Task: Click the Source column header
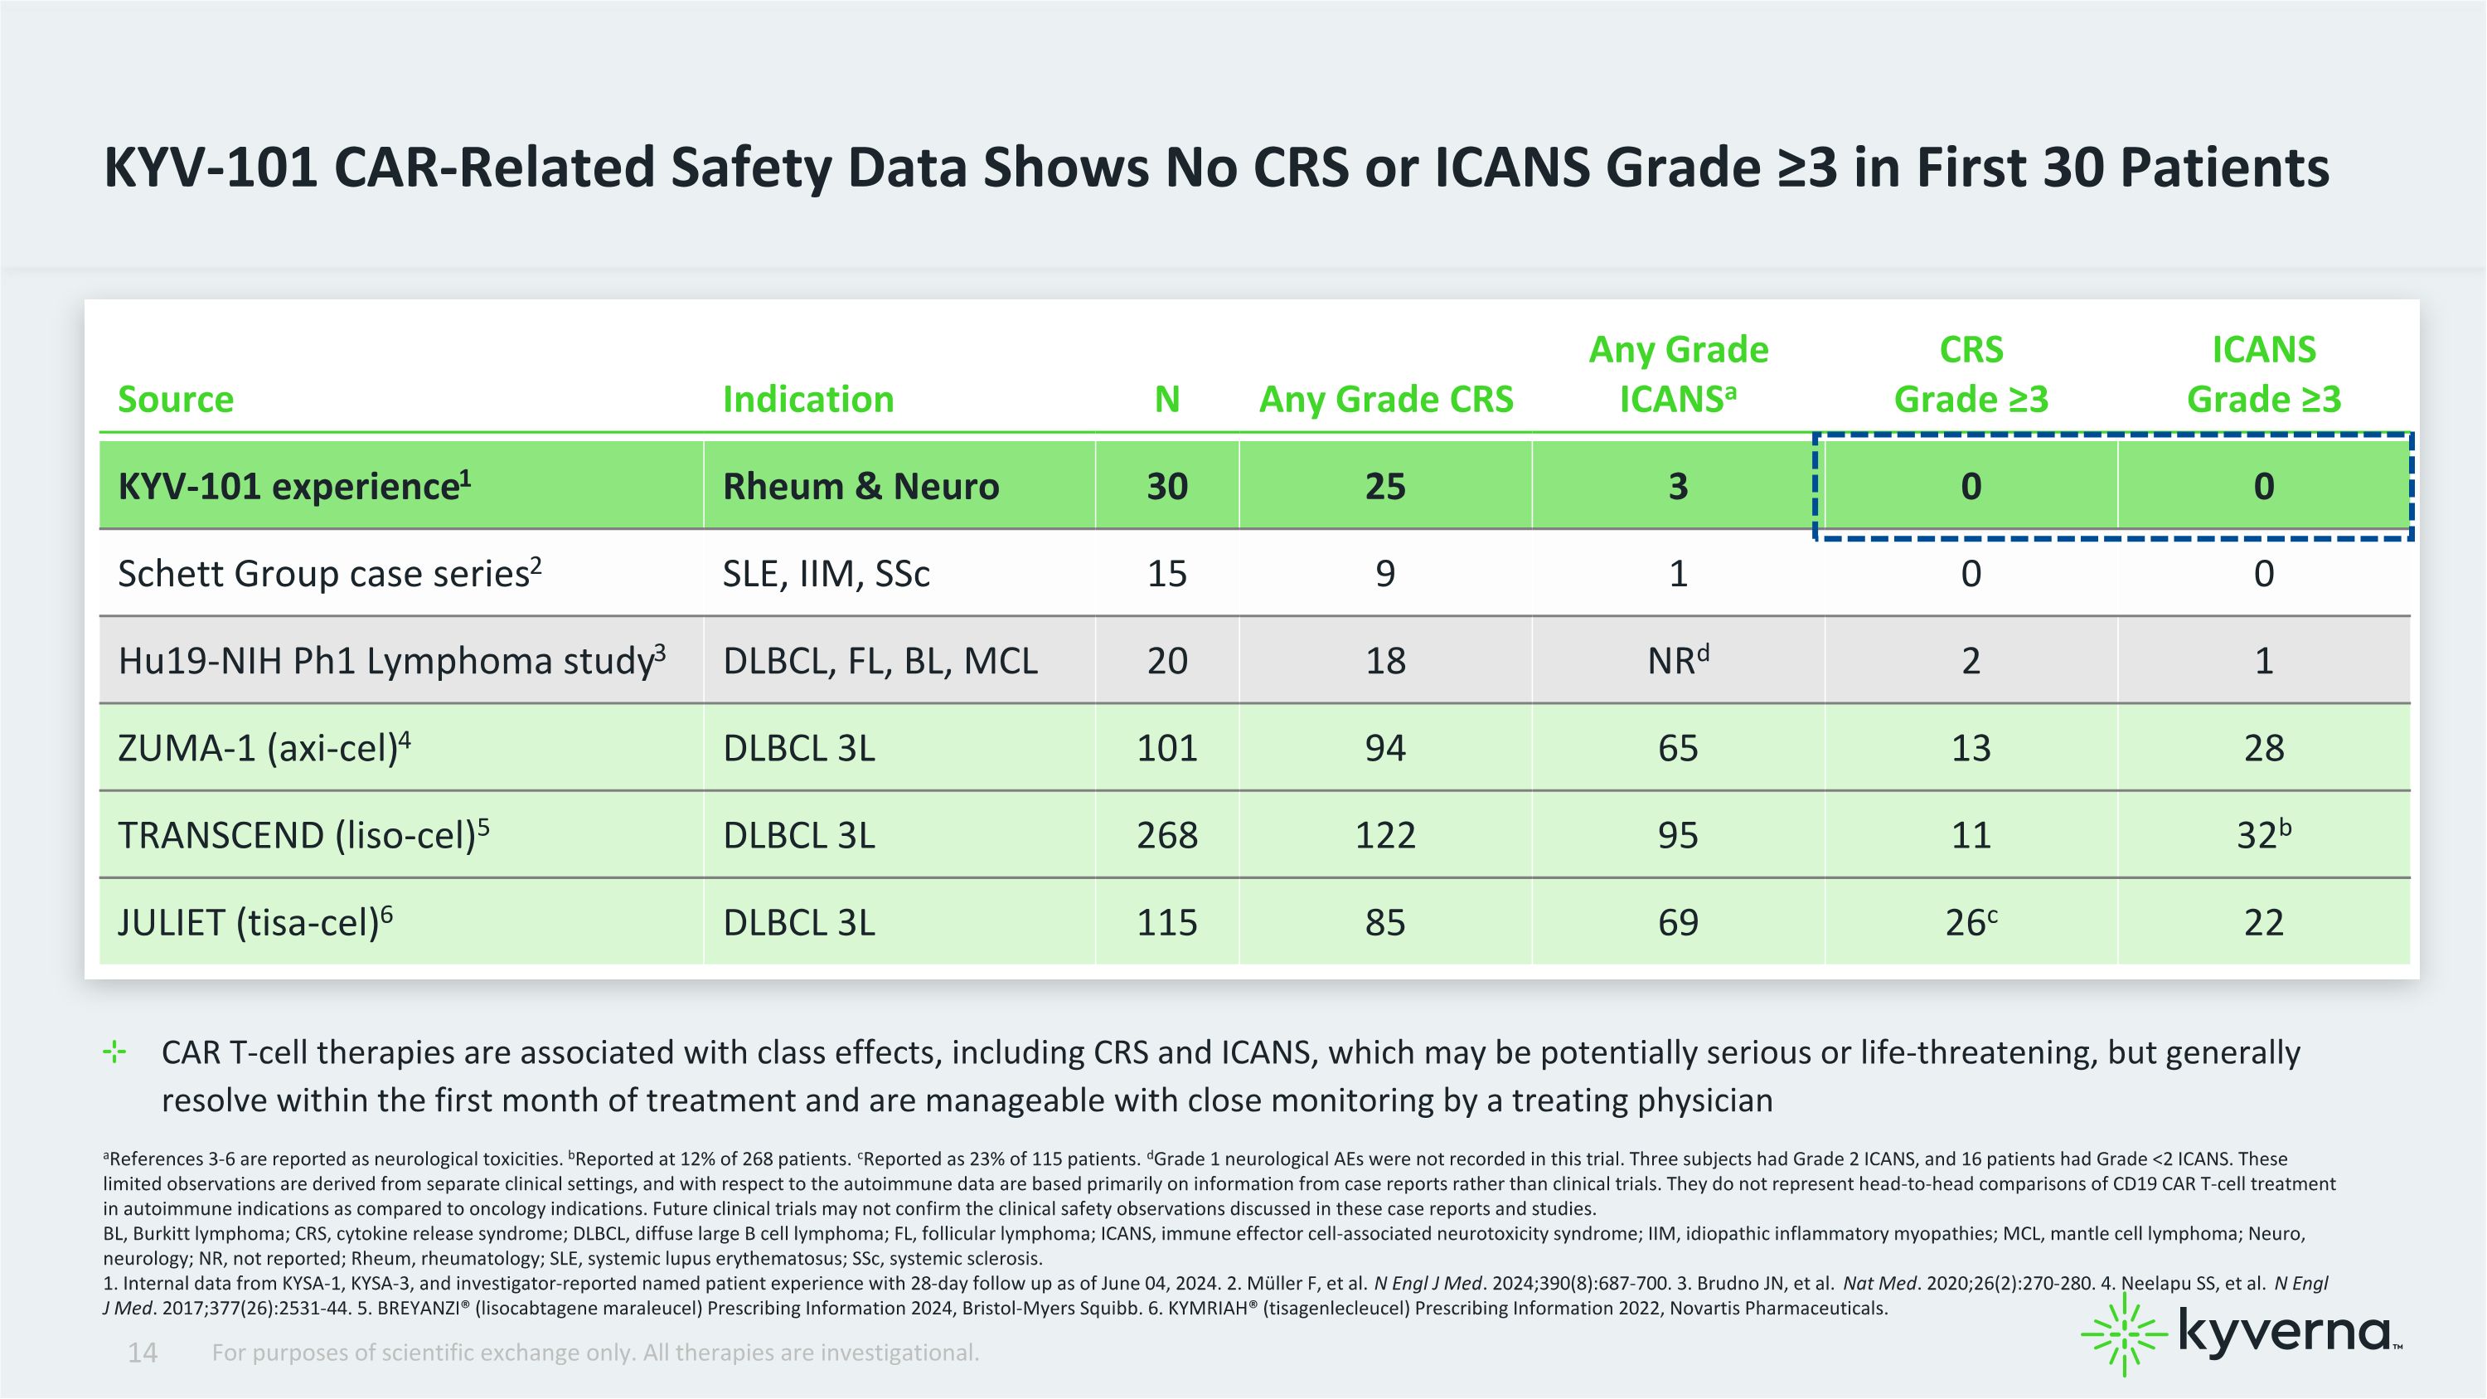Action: (x=176, y=399)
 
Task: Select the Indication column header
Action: (x=808, y=399)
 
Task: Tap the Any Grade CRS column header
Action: (x=1385, y=399)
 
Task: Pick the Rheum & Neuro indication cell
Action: (x=861, y=486)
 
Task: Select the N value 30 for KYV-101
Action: (x=1166, y=486)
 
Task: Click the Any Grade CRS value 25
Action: (x=1384, y=486)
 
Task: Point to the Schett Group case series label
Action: (x=329, y=572)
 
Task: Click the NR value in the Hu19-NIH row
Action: (x=1678, y=659)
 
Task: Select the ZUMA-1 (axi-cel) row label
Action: (x=264, y=747)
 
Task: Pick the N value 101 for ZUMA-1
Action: (x=1166, y=748)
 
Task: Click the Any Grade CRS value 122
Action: (x=1384, y=835)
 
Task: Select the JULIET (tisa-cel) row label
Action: (x=255, y=922)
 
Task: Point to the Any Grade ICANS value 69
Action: (x=1678, y=922)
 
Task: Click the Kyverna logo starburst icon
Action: (x=2124, y=1334)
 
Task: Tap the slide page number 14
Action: (x=142, y=1353)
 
